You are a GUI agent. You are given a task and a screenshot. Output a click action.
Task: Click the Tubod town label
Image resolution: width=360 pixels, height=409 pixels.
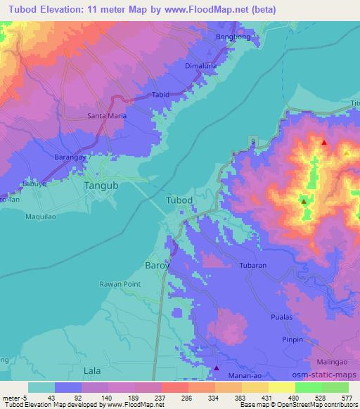click(x=179, y=200)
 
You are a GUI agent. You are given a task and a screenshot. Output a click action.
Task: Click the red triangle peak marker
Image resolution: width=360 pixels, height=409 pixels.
click(x=324, y=143)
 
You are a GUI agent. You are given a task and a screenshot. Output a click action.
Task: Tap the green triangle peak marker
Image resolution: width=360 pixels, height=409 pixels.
click(x=303, y=201)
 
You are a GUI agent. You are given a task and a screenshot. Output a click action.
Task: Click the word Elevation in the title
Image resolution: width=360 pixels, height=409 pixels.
click(x=68, y=10)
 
